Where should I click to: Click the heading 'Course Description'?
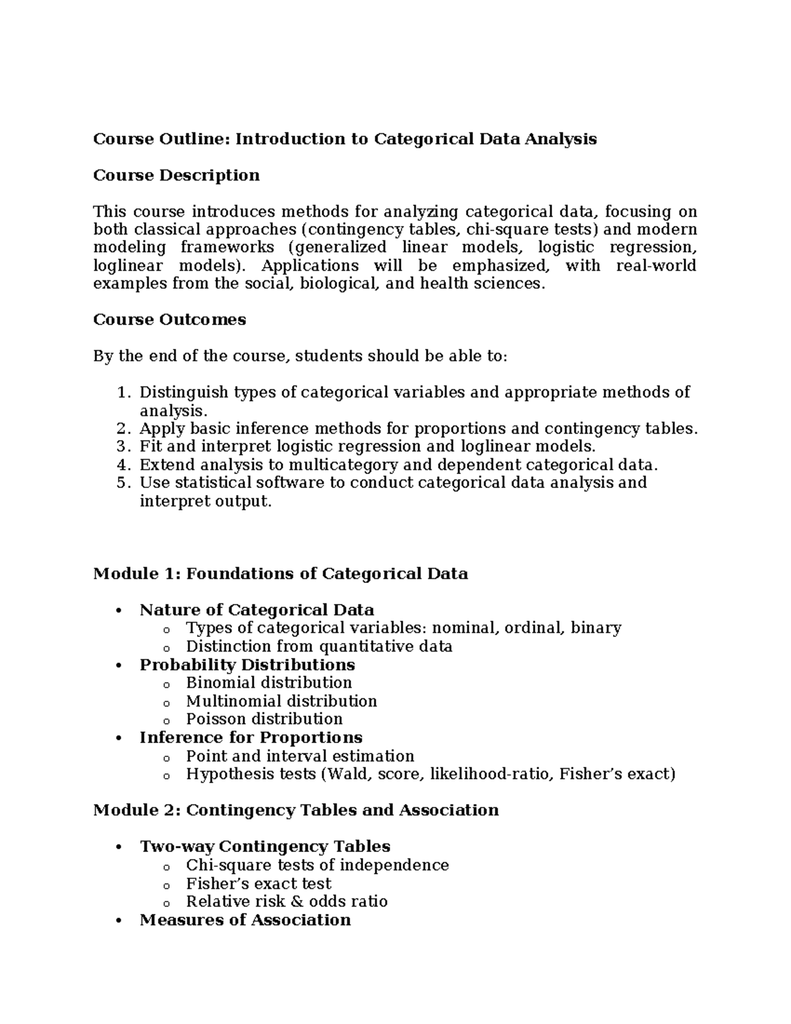tap(176, 175)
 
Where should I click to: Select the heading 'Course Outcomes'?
tap(169, 320)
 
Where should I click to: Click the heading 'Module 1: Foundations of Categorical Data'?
tap(280, 574)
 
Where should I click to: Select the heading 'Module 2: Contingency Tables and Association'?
tap(295, 810)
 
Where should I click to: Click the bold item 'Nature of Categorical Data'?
tap(256, 610)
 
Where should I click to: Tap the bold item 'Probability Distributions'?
tap(247, 665)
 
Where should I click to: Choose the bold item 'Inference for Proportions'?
tap(250, 737)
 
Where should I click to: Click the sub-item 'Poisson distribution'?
tap(264, 719)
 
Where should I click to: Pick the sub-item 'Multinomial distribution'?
tap(281, 701)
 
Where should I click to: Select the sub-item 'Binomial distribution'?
tap(269, 682)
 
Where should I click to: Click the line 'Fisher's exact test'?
tap(258, 884)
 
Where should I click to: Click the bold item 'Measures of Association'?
tap(245, 920)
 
